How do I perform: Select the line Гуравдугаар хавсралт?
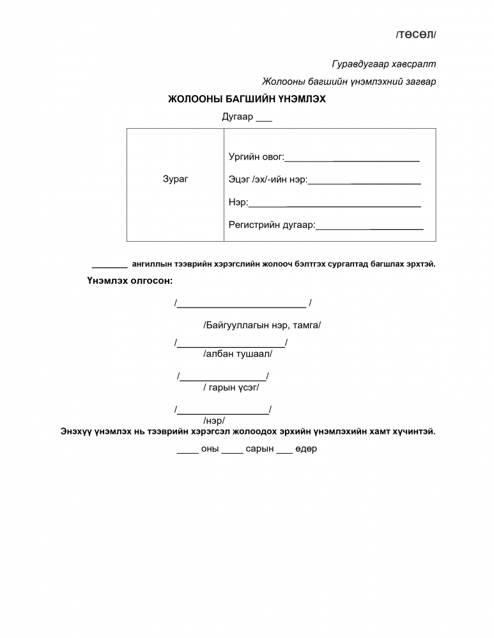pos(383,64)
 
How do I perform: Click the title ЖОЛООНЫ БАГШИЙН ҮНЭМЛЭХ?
pos(247,100)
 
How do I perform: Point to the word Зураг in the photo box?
pos(176,179)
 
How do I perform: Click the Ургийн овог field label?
pos(256,157)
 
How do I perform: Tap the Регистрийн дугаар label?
pos(272,225)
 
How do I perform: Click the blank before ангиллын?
pos(110,265)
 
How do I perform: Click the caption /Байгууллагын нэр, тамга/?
pos(262,325)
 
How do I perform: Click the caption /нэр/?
pos(213,420)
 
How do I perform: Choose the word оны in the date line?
pos(210,449)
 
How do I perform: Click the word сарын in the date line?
pos(259,449)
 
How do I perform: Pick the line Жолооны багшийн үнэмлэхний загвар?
pos(349,82)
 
